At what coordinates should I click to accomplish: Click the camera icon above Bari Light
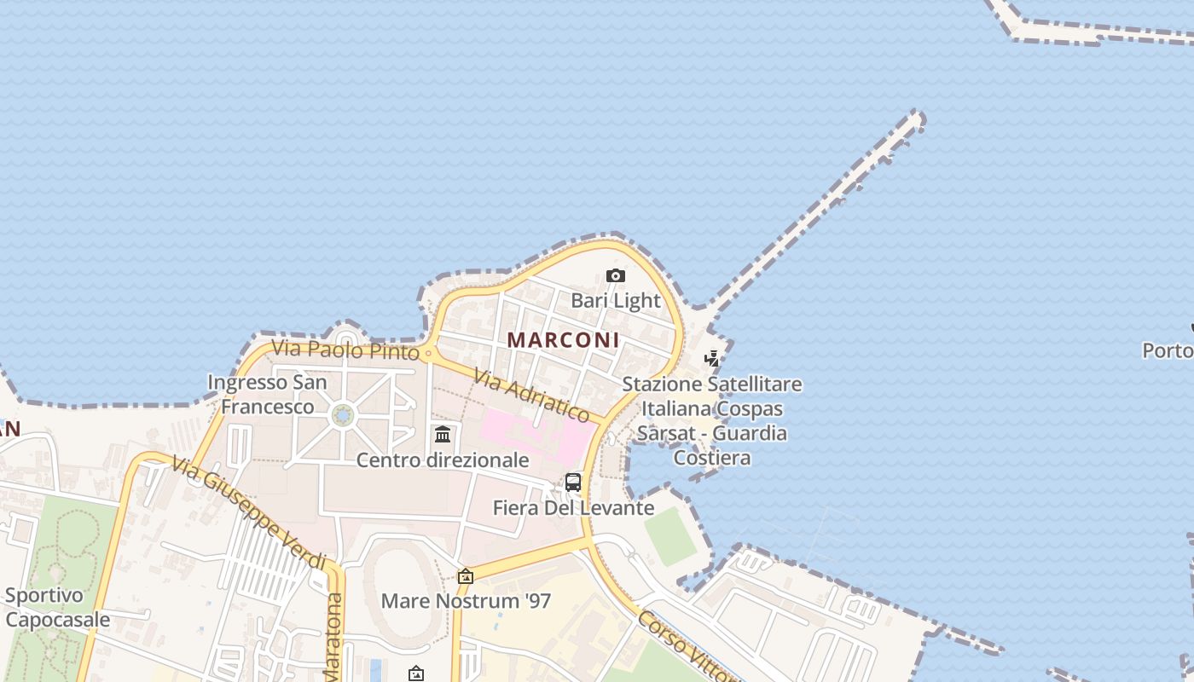pyautogui.click(x=615, y=276)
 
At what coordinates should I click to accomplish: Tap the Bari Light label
pyautogui.click(x=615, y=300)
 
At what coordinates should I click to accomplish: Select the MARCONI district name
pyautogui.click(x=563, y=339)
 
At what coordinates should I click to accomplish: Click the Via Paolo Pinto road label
pyautogui.click(x=345, y=350)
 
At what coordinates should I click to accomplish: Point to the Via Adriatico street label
pyautogui.click(x=531, y=396)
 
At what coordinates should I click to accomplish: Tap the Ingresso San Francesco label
pyautogui.click(x=267, y=395)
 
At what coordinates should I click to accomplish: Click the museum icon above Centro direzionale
pyautogui.click(x=443, y=436)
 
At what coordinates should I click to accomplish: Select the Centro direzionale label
pyautogui.click(x=442, y=460)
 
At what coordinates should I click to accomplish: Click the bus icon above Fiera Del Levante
pyautogui.click(x=573, y=483)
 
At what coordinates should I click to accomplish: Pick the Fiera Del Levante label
pyautogui.click(x=573, y=508)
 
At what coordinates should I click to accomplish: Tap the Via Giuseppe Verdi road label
pyautogui.click(x=248, y=513)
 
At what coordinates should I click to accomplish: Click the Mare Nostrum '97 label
pyautogui.click(x=466, y=601)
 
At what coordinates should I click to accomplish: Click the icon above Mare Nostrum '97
pyautogui.click(x=466, y=577)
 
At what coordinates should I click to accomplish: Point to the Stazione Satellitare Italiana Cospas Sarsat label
pyautogui.click(x=712, y=420)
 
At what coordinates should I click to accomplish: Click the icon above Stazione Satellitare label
pyautogui.click(x=711, y=359)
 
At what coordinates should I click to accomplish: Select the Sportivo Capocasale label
pyautogui.click(x=56, y=607)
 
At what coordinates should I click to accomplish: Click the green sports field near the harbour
pyautogui.click(x=671, y=535)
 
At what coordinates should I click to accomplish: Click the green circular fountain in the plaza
pyautogui.click(x=342, y=415)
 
